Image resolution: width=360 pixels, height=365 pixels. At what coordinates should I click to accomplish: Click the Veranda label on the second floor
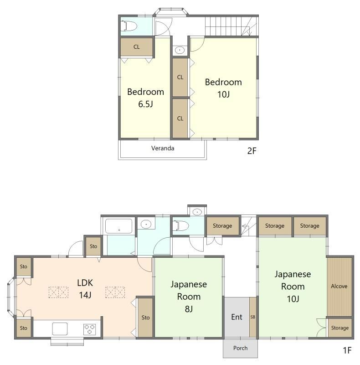(163, 148)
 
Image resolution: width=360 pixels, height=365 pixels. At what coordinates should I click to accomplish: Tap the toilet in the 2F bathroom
(129, 26)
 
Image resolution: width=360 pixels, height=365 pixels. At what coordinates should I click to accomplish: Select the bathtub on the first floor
(119, 226)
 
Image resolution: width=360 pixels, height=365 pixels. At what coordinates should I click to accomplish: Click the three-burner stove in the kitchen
(89, 329)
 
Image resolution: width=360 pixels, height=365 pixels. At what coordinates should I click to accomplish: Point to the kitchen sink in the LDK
(60, 328)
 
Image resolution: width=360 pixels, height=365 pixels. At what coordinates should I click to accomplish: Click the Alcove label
(339, 286)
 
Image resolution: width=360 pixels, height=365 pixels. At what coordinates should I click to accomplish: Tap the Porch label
(240, 348)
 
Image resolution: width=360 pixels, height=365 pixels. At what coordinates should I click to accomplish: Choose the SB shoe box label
(253, 317)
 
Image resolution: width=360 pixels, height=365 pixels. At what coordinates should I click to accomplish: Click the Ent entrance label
(237, 317)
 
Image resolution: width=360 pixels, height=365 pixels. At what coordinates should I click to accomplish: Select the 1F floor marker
(347, 350)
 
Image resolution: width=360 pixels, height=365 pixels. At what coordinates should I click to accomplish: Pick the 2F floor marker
(252, 151)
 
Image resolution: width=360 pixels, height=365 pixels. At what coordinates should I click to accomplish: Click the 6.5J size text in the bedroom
(145, 104)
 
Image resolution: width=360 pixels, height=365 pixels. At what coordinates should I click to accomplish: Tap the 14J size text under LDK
(85, 295)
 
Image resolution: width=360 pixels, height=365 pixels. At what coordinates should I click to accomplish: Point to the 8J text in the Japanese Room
(189, 309)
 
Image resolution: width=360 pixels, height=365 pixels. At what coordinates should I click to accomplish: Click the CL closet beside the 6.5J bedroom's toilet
(137, 47)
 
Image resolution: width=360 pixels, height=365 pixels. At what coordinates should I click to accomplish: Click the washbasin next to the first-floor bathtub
(146, 224)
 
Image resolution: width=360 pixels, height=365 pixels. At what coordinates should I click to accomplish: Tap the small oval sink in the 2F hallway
(180, 50)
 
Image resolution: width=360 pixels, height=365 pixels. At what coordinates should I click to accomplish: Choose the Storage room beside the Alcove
(340, 328)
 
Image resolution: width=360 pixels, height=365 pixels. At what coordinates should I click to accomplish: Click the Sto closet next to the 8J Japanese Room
(145, 317)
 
